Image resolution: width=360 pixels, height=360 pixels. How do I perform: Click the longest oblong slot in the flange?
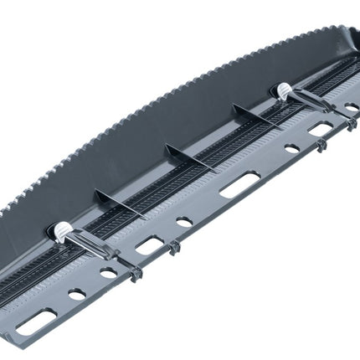point(239,184)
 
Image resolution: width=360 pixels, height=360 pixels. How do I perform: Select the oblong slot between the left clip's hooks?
point(149,245)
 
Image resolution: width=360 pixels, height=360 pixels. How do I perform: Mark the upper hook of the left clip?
point(172,249)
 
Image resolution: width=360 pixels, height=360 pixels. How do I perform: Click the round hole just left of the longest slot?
point(184,223)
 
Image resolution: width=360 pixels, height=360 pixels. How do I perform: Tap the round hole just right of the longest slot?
point(291,149)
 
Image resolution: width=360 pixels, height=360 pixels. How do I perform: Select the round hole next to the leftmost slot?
point(76,294)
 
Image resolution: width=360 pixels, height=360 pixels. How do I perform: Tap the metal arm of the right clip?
point(310,104)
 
